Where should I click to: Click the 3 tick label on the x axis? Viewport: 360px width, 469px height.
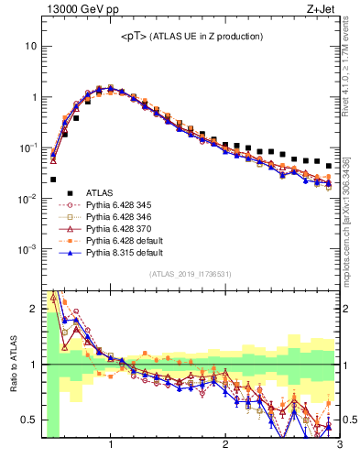pyautogui.click(x=339, y=445)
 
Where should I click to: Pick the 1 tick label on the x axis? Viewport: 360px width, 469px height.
pyautogui.click(x=111, y=445)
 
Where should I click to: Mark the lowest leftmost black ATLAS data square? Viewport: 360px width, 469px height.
pyautogui.click(x=53, y=180)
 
